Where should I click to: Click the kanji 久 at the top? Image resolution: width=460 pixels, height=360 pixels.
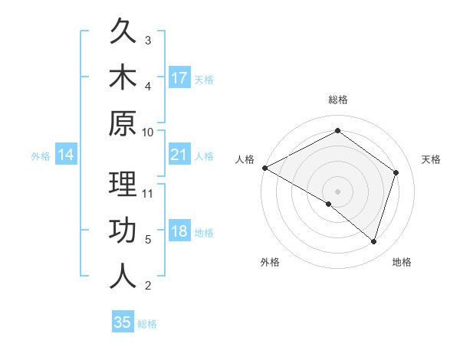(x=123, y=32)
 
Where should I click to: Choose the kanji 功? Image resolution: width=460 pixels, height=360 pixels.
(x=123, y=231)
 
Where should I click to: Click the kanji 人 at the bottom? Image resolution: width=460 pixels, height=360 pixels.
(x=123, y=277)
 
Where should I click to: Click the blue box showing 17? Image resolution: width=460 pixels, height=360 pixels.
(x=179, y=77)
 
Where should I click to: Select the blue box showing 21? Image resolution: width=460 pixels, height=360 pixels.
(x=179, y=155)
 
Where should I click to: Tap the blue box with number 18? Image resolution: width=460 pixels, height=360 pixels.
(x=179, y=232)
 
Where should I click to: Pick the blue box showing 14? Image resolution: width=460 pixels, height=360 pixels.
(x=66, y=155)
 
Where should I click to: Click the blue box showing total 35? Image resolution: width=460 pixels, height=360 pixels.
(x=123, y=322)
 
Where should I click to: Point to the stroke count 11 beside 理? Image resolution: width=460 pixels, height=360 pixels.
(x=149, y=192)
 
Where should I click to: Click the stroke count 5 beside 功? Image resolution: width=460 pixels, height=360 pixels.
(x=148, y=240)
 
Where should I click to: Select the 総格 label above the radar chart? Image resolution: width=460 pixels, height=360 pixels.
(x=338, y=100)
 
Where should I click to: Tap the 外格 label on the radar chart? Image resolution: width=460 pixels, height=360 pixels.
(x=270, y=263)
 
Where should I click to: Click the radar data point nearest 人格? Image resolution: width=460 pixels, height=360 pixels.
(x=264, y=168)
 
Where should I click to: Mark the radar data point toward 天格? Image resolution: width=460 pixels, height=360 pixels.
(x=396, y=172)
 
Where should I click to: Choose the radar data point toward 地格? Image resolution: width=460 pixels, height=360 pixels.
(x=374, y=242)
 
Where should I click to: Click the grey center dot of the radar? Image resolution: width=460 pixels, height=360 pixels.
(x=338, y=191)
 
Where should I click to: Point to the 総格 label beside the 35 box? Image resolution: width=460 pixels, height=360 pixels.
(x=147, y=324)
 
